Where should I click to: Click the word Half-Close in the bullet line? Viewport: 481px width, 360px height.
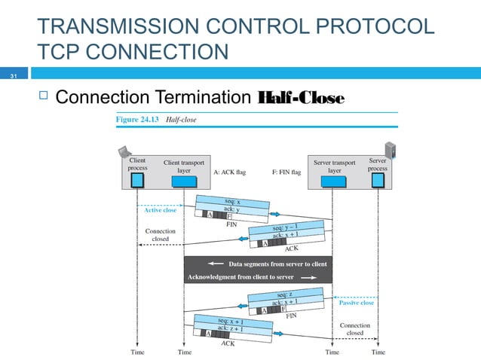[x=300, y=99]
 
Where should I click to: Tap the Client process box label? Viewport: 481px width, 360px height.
[x=138, y=164]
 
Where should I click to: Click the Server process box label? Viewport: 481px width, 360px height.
[x=378, y=164]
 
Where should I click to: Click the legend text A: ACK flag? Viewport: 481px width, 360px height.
[x=230, y=172]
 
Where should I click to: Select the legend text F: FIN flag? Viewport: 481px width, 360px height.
[x=286, y=172]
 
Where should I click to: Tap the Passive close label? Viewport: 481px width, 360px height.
[x=356, y=303]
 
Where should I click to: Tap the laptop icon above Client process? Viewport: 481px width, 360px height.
[x=125, y=151]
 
